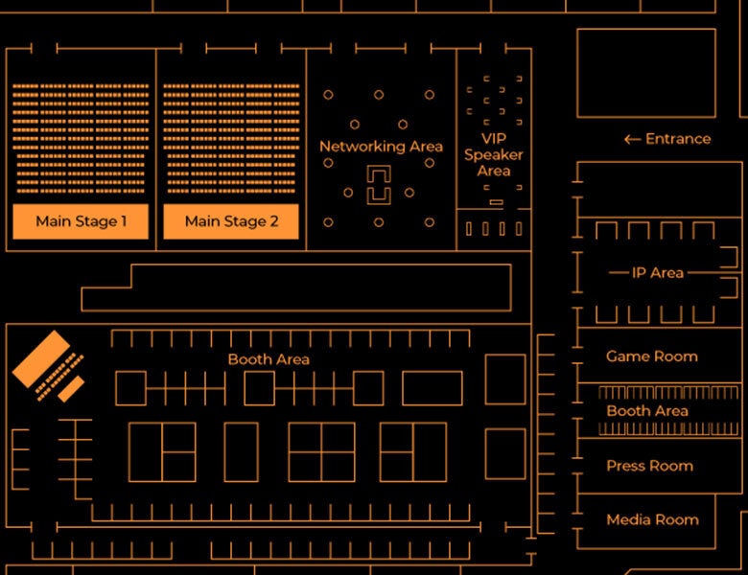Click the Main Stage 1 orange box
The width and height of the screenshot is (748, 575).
pyautogui.click(x=81, y=221)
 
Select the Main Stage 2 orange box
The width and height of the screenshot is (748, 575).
pyautogui.click(x=231, y=221)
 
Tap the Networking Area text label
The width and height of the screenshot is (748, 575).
pyautogui.click(x=381, y=147)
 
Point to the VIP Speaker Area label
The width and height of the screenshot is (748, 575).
pyautogui.click(x=494, y=154)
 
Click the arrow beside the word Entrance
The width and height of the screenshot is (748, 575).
pyautogui.click(x=632, y=139)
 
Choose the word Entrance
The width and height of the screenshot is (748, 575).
pyautogui.click(x=678, y=139)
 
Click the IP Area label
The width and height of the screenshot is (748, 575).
pyautogui.click(x=658, y=273)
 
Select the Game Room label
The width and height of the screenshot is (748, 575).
pyautogui.click(x=652, y=356)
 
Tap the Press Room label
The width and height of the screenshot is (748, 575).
pyautogui.click(x=649, y=466)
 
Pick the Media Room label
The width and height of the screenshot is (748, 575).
pyautogui.click(x=652, y=519)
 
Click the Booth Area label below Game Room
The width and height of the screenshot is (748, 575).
pyautogui.click(x=647, y=411)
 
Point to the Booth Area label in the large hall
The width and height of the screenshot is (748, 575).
pyautogui.click(x=269, y=359)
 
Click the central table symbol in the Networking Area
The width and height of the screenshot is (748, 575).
pyautogui.click(x=380, y=185)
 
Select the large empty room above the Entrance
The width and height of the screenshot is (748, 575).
pyautogui.click(x=646, y=73)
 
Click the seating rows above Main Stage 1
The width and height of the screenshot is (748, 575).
pyautogui.click(x=81, y=134)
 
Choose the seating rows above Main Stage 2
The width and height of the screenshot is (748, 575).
pyautogui.click(x=231, y=134)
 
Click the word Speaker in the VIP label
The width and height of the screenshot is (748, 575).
pyautogui.click(x=494, y=154)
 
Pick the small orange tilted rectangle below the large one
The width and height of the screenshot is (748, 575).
pyautogui.click(x=70, y=389)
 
